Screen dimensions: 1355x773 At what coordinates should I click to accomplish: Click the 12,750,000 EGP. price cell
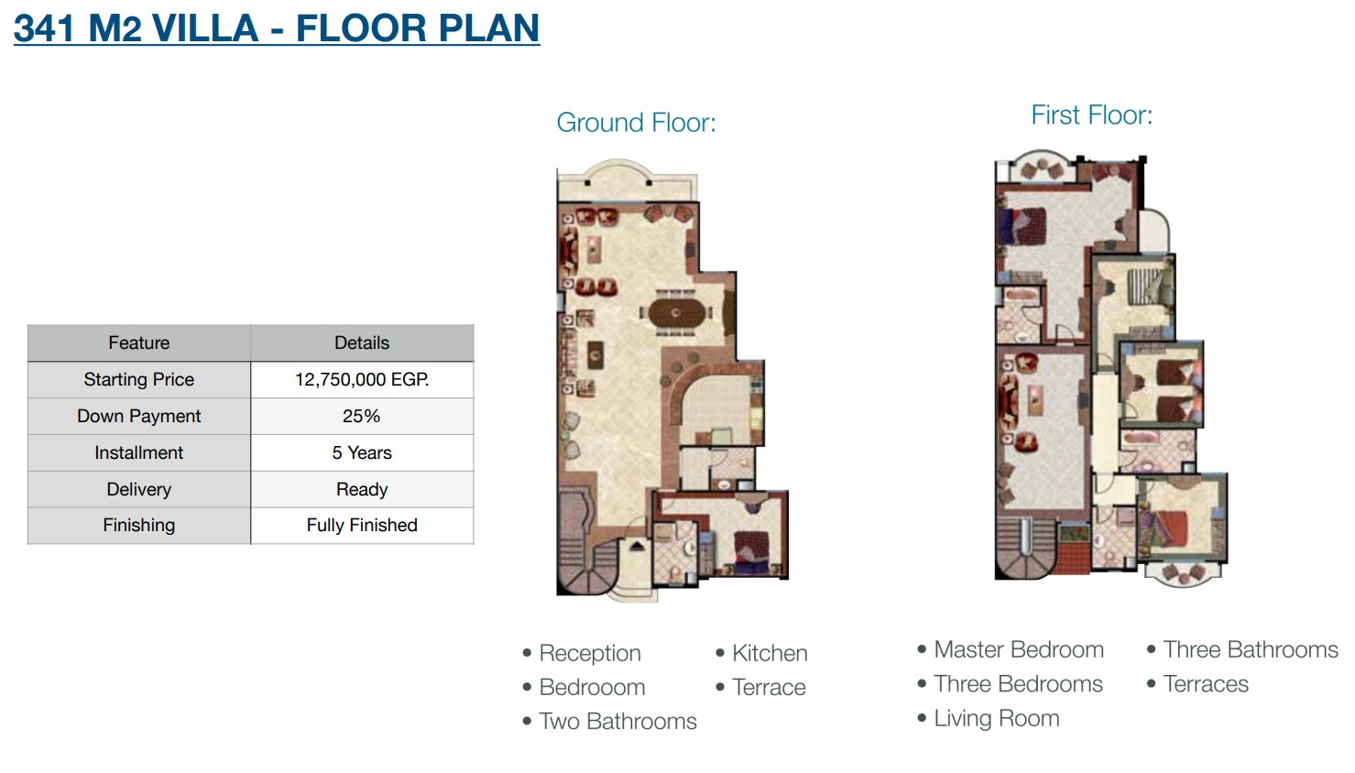click(x=362, y=379)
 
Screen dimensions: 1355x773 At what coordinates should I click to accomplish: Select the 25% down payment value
click(x=361, y=416)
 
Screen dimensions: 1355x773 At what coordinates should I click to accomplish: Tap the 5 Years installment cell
click(x=362, y=452)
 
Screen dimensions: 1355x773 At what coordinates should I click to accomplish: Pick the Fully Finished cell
click(x=362, y=525)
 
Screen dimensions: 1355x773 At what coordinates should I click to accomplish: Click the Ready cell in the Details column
click(x=362, y=489)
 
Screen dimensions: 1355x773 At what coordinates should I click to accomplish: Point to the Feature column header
click(x=138, y=343)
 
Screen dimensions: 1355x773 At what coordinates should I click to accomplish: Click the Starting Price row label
click(x=138, y=379)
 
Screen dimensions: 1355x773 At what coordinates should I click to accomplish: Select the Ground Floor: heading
click(x=637, y=122)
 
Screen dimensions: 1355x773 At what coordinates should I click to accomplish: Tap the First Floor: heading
click(x=1092, y=114)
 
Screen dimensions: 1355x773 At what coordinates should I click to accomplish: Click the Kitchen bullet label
click(x=770, y=653)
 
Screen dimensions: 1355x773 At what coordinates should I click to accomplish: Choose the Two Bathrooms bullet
click(x=617, y=722)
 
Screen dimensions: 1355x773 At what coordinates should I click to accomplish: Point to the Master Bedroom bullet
click(x=1019, y=649)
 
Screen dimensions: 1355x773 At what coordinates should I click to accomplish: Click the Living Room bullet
click(x=996, y=719)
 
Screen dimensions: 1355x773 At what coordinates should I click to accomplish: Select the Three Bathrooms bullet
click(x=1251, y=649)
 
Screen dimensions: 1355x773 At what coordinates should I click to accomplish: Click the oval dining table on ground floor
click(x=676, y=313)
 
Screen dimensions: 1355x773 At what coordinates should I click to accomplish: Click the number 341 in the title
click(x=44, y=28)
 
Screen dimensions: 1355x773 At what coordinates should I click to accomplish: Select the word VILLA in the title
click(x=205, y=28)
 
